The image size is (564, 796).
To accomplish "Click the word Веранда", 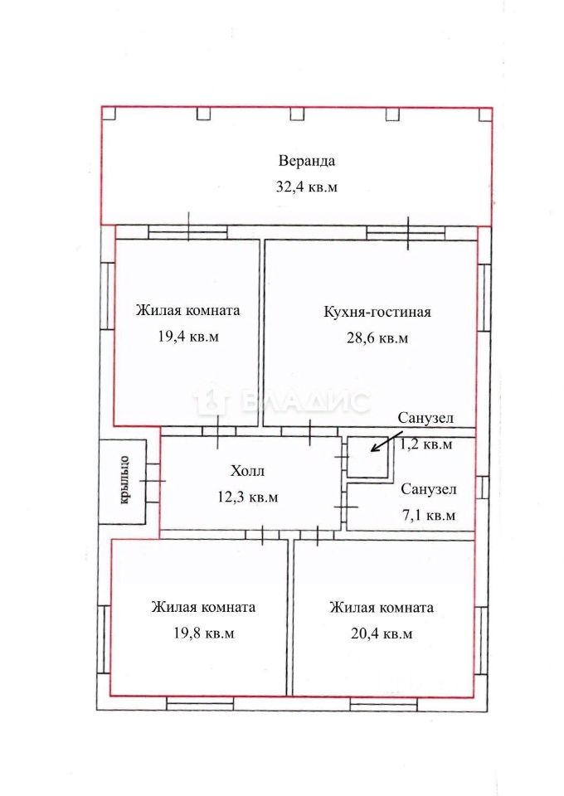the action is coord(307,162).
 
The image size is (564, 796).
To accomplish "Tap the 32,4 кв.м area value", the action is coord(307,187).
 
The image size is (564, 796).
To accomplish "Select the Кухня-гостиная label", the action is coord(377,312).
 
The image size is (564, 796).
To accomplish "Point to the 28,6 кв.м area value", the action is coord(377,337).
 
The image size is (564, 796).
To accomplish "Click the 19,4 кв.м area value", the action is coord(188,336).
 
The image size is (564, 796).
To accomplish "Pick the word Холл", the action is coord(247,471).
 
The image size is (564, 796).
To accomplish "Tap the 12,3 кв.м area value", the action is coord(248,497).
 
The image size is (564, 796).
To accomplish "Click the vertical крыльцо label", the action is coord(124,481).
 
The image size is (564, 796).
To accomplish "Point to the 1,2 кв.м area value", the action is coord(426,444).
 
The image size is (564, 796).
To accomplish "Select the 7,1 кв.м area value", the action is coord(429,516).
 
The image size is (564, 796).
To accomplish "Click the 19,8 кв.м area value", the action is coord(203,633).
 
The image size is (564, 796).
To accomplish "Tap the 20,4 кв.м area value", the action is coord(382,633).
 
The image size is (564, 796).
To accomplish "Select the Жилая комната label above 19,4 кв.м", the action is coord(187,310).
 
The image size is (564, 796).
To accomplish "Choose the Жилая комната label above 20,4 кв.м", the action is coord(382,608).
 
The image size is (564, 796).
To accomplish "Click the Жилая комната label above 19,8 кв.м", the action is coord(203,607).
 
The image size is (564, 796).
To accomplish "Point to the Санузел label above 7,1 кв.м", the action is coord(429,490).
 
